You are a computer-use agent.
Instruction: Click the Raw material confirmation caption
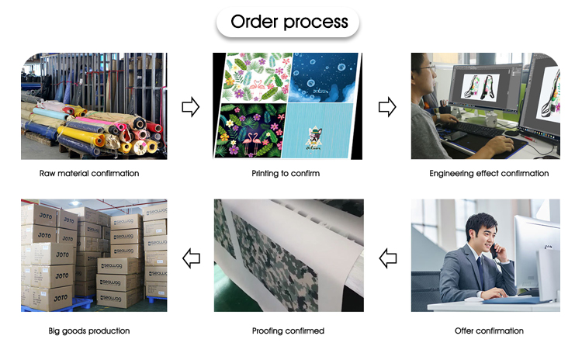89,173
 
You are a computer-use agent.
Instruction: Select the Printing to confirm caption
286,173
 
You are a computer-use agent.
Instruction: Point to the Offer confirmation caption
489,331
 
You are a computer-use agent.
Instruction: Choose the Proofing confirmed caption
288,331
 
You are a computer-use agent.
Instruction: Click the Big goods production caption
88,331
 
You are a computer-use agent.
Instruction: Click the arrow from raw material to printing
190,107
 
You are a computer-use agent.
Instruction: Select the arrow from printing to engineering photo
387,107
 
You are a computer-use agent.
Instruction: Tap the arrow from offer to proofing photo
387,257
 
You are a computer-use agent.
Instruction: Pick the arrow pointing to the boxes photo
190,257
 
